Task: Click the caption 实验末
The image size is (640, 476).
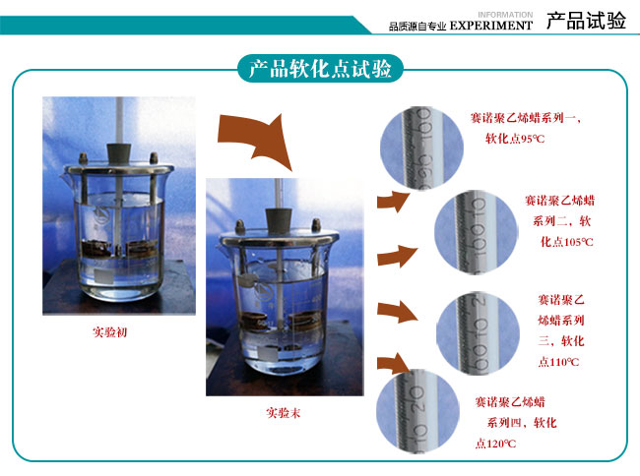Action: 283,413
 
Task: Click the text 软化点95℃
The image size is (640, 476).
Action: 514,139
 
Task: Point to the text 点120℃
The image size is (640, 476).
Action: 495,445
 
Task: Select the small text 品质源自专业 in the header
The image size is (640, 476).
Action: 417,27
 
